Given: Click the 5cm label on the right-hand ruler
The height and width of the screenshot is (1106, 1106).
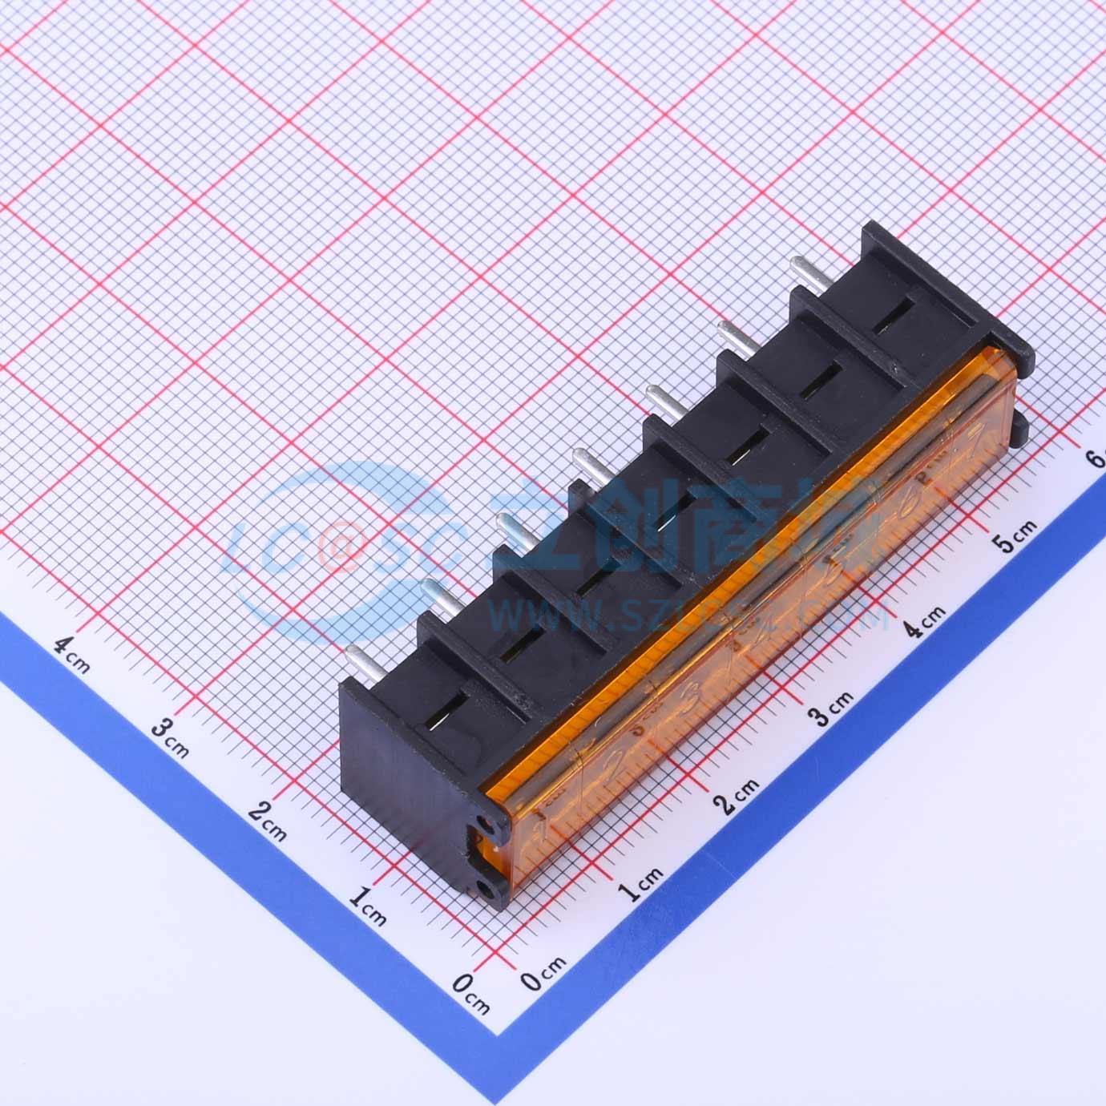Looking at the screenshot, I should (x=1014, y=535).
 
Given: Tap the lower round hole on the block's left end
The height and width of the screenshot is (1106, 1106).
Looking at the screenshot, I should (x=484, y=887).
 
